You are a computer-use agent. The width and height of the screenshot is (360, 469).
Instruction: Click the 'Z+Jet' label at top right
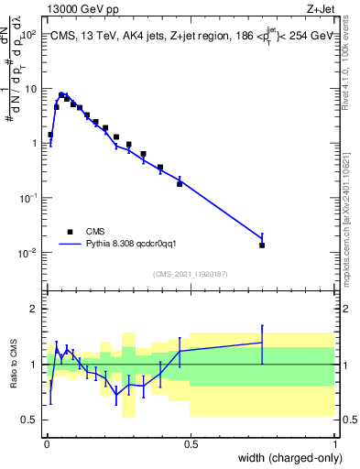pos(321,7)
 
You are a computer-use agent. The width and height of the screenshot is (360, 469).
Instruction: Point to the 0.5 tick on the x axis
pos(191,444)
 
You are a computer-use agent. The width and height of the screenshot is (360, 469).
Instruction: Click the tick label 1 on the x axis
pos(334,444)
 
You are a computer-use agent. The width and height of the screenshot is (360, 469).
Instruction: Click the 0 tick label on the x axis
pos(47,444)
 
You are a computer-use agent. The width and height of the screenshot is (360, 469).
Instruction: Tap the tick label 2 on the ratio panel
pos(32,309)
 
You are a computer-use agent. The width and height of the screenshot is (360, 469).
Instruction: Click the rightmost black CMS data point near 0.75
pos(262,245)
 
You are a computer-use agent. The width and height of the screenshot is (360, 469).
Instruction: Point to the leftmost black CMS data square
pos(50,135)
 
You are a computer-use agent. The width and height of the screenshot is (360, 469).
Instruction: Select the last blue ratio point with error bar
pos(262,343)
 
